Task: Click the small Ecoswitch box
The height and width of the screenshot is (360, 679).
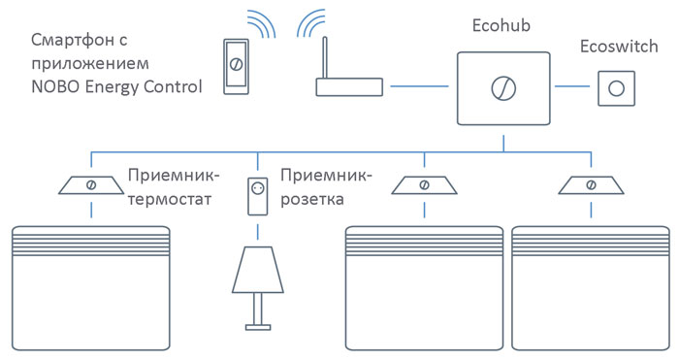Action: click(x=614, y=88)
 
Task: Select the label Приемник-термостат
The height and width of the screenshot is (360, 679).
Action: click(x=174, y=188)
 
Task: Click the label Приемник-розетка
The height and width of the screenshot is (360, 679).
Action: click(x=324, y=188)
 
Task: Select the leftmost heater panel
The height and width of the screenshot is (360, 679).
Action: click(x=91, y=287)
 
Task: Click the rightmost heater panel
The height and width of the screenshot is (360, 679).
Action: click(x=590, y=287)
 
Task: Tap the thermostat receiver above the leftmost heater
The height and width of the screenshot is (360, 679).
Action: click(x=91, y=183)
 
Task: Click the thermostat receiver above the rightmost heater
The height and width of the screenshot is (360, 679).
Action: click(x=590, y=183)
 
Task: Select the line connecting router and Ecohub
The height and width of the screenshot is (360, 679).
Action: click(x=422, y=87)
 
